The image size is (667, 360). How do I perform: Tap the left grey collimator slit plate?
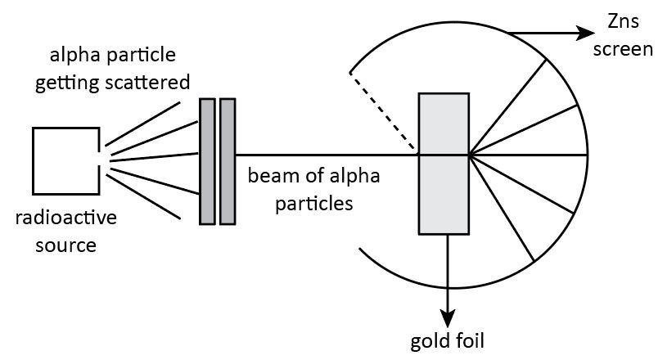tap(207, 160)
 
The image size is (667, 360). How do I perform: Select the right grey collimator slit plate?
tap(228, 160)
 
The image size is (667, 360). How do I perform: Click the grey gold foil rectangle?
tap(444, 163)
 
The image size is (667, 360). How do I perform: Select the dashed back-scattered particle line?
tap(383, 112)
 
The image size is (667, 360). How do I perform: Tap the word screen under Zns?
tap(625, 49)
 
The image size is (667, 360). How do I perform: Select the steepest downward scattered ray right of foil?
tap(502, 209)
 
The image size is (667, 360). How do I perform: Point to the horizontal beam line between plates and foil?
tap(327, 155)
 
